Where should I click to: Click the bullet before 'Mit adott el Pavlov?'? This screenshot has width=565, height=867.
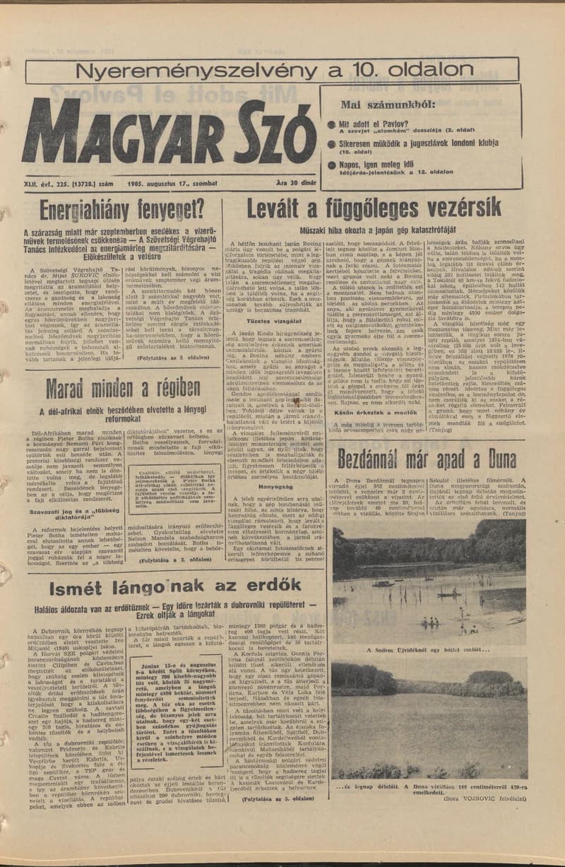[x=331, y=125]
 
